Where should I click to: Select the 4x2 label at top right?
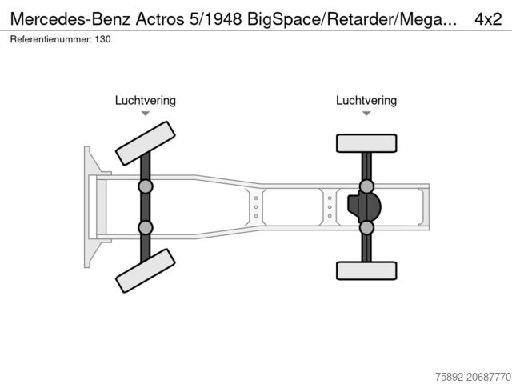pos(488,19)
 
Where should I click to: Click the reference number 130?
pos(103,39)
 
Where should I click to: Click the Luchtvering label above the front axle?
pos(146,100)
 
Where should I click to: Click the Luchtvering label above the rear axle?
pos(366,100)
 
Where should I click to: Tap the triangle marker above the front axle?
pos(146,114)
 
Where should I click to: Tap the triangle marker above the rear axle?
pos(366,114)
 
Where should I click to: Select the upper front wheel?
pos(146,143)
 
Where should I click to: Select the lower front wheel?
pos(146,270)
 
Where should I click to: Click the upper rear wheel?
pos(366,143)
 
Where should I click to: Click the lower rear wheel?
pos(366,270)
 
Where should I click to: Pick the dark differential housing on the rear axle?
pos(364,207)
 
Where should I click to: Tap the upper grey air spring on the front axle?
pos(146,186)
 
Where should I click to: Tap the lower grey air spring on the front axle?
pos(146,227)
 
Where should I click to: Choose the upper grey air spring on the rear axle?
pos(366,186)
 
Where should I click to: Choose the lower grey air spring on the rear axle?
pos(366,227)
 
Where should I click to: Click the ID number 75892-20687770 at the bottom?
pos(473,377)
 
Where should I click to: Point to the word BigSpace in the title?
pos(284,19)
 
